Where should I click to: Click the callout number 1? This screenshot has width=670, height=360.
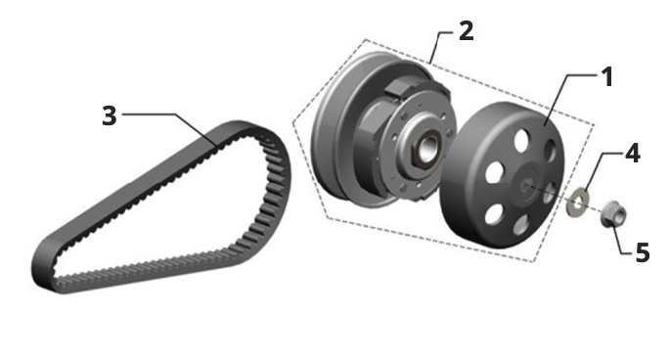(606, 77)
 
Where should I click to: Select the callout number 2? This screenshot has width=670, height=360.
(467, 31)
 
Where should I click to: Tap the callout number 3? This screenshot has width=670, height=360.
(110, 115)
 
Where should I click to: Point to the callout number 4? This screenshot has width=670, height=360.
(633, 153)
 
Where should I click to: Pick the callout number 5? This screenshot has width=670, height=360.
(643, 252)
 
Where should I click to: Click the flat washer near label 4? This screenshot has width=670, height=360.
(577, 201)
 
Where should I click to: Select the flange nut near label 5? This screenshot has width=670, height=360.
(613, 213)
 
